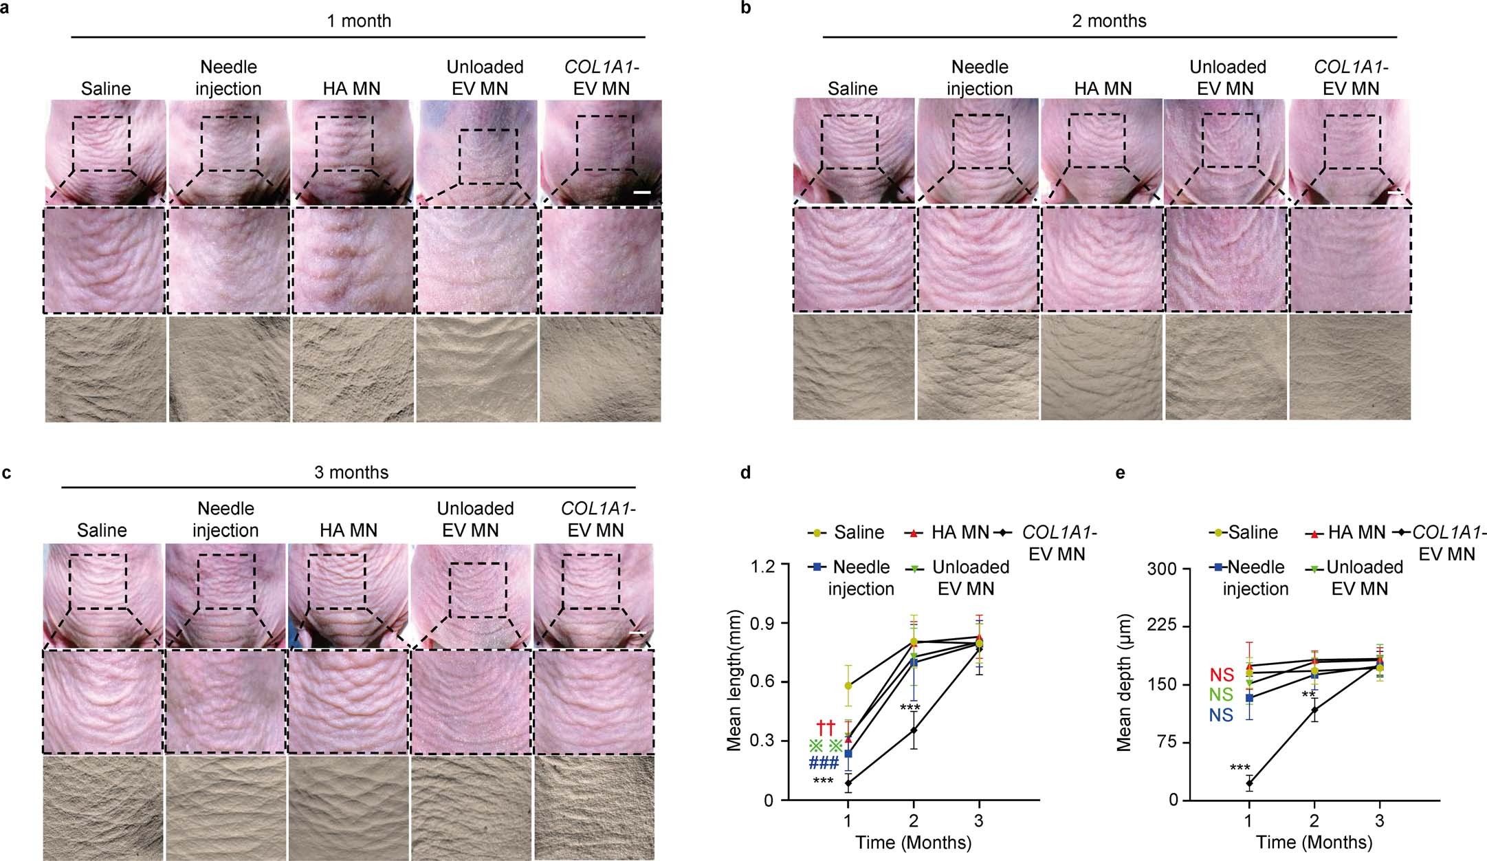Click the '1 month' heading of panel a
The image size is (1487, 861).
[x=358, y=21]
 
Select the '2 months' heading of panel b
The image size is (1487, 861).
[x=1109, y=21]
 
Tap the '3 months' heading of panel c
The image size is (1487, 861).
[x=351, y=473]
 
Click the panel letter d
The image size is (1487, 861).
[x=744, y=473]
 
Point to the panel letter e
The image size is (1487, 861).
[x=1120, y=473]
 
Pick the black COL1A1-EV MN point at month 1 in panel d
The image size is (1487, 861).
[x=848, y=783]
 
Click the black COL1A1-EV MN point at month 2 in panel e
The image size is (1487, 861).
[x=1314, y=710]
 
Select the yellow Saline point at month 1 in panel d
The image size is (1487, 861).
[x=848, y=686]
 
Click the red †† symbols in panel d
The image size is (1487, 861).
[x=825, y=727]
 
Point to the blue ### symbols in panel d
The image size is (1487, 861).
[x=824, y=763]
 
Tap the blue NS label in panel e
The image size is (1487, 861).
[x=1221, y=716]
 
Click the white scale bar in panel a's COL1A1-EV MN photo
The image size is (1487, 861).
[x=641, y=192]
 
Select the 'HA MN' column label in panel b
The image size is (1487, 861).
[x=1103, y=89]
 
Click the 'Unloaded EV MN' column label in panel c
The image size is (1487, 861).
[x=475, y=519]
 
